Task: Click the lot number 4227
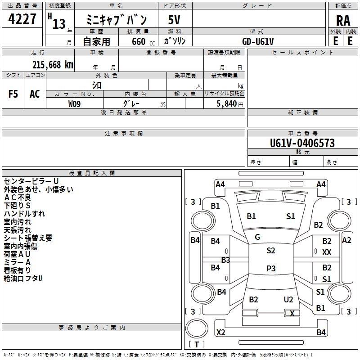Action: (22, 19)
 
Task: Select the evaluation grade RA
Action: (343, 21)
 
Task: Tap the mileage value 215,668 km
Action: (53, 65)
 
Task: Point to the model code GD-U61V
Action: (258, 41)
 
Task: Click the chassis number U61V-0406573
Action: (302, 143)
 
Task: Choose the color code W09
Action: (74, 104)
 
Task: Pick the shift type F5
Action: (13, 94)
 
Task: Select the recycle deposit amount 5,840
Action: (227, 104)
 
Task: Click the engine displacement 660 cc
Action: (143, 42)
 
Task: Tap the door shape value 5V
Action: (174, 20)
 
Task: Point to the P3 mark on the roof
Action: (271, 268)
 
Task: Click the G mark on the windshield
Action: (257, 237)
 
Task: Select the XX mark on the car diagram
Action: (327, 252)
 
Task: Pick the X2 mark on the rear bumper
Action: (220, 332)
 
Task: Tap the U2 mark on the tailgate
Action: (288, 300)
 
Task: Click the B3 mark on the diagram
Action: (225, 260)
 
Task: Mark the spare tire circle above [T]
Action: (197, 328)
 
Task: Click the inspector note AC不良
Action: (18, 198)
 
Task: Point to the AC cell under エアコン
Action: (35, 94)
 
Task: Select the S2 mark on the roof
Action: (271, 251)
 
